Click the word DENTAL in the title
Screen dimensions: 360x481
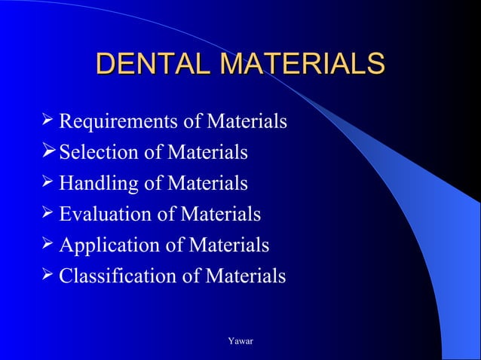click(152, 65)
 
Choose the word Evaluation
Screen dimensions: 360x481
click(97, 215)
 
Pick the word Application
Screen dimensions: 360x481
click(101, 246)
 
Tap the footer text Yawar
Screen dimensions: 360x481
click(240, 342)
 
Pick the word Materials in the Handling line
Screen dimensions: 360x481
click(207, 184)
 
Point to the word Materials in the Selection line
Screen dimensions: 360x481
click(207, 153)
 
